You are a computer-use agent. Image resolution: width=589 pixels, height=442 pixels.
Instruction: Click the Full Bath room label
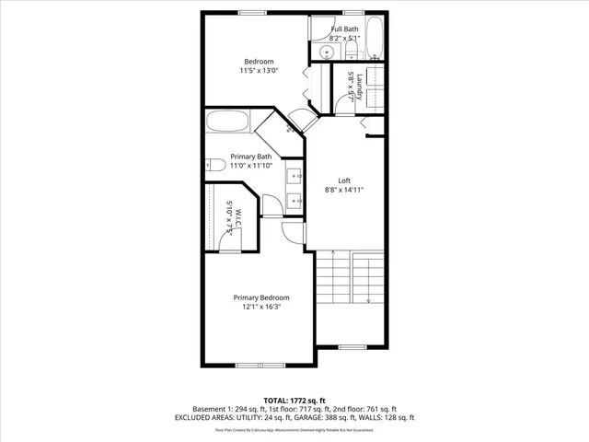tap(345, 29)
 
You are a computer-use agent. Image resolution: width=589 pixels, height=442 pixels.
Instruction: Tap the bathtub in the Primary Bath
tap(227, 122)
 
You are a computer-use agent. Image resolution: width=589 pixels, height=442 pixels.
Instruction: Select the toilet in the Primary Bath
tap(214, 166)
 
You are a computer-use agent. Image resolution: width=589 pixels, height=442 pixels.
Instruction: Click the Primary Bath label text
tap(250, 156)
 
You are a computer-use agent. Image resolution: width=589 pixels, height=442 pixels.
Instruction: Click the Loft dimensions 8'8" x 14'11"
tap(345, 190)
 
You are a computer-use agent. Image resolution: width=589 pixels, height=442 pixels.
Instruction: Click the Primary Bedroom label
tap(261, 297)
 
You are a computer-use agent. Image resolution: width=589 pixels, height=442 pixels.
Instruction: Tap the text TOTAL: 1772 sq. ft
tap(294, 400)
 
